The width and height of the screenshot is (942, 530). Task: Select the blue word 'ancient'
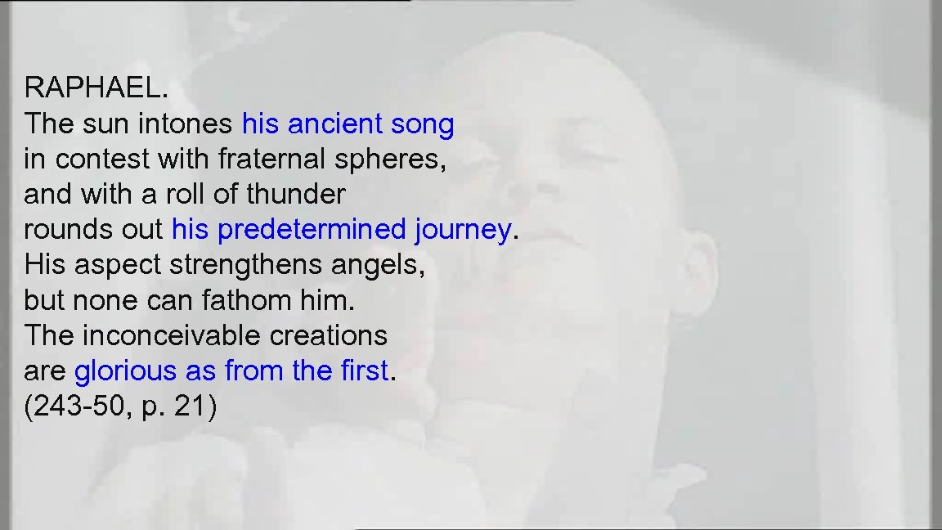335,124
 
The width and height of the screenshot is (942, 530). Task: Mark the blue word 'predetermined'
312,230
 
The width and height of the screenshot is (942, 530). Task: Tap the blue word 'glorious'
126,371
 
